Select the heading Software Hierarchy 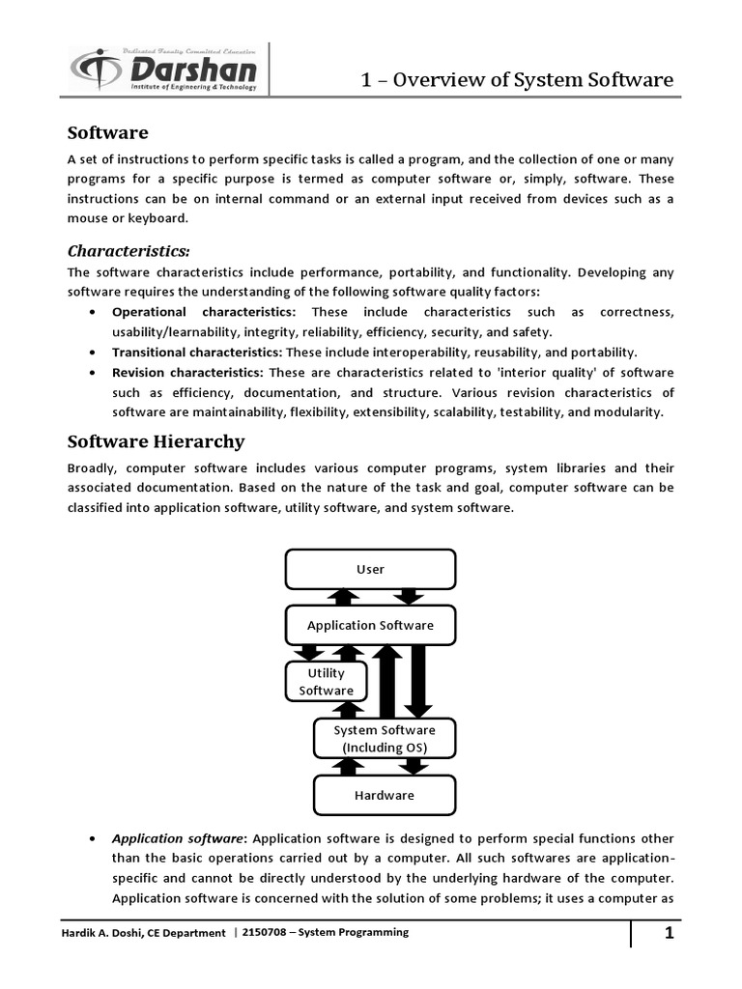click(x=156, y=441)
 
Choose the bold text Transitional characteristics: click(x=197, y=353)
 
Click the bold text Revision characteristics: click(x=187, y=373)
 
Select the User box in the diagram click(x=370, y=569)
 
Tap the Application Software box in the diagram click(x=370, y=625)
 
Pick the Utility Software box click(x=326, y=681)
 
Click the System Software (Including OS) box click(x=384, y=739)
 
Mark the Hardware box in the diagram click(x=384, y=795)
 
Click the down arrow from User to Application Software click(x=410, y=596)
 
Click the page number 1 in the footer click(x=669, y=934)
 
